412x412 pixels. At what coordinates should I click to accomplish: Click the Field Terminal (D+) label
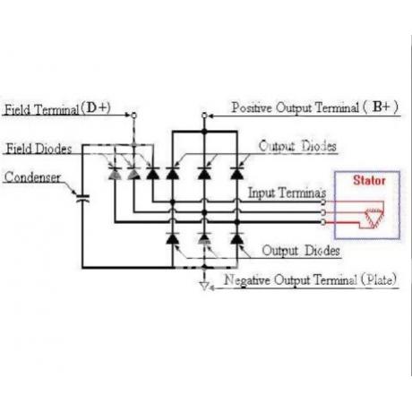[x=57, y=108]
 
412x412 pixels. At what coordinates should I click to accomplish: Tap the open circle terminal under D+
[x=134, y=116]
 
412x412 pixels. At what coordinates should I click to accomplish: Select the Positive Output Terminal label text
[x=315, y=107]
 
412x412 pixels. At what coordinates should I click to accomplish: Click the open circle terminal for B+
[x=204, y=116]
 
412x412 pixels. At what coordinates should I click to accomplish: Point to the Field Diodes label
[x=39, y=149]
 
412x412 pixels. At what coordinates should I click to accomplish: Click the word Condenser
[x=32, y=177]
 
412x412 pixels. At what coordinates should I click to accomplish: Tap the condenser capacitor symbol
[x=82, y=198]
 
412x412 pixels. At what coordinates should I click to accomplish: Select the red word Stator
[x=369, y=180]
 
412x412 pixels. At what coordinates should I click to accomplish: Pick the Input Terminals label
[x=287, y=193]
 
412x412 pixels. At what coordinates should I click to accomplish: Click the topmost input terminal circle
[x=322, y=202]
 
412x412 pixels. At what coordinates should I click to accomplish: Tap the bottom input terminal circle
[x=322, y=222]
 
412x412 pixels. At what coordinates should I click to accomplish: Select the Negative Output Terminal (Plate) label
[x=311, y=279]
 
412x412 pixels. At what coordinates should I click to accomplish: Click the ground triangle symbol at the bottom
[x=204, y=286]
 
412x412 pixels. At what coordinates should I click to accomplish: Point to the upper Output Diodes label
[x=297, y=146]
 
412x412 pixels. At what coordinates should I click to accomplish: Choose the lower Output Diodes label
[x=301, y=251]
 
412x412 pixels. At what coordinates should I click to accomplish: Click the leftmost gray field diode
[x=115, y=174]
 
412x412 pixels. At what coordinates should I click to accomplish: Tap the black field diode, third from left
[x=152, y=174]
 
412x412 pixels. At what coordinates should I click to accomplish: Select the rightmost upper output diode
[x=237, y=174]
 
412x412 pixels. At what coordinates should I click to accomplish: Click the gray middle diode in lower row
[x=204, y=238]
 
